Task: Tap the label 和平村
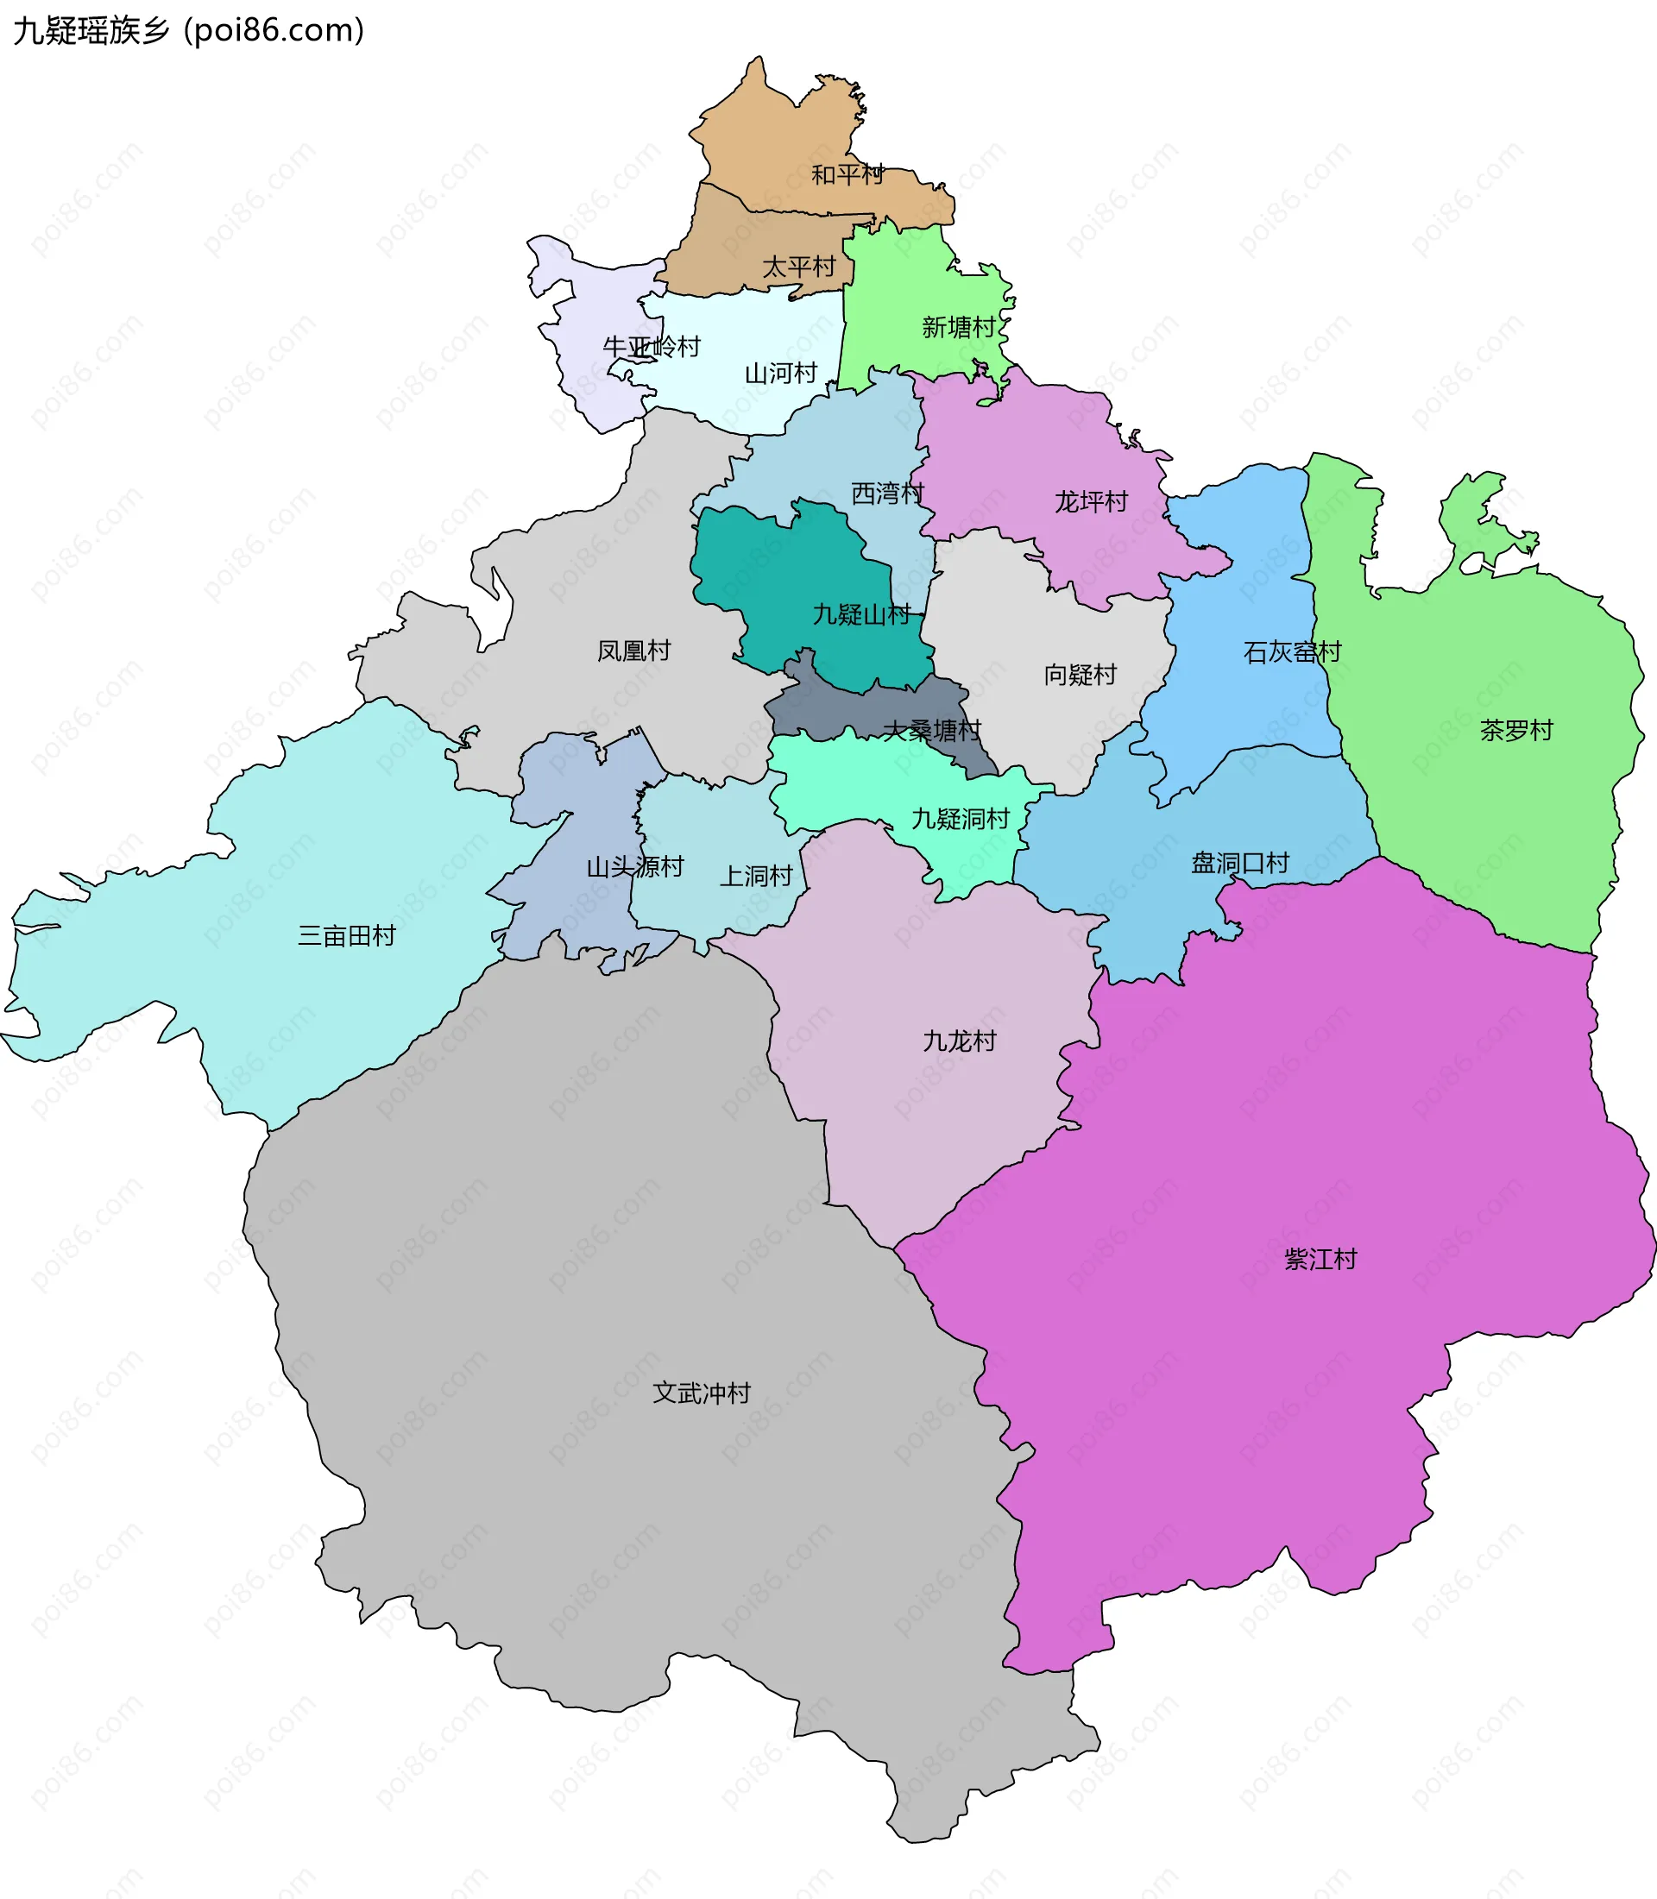pyautogui.click(x=847, y=175)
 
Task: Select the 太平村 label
pyautogui.click(x=798, y=267)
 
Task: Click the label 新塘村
pyautogui.click(x=958, y=327)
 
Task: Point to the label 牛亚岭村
pyautogui.click(x=651, y=347)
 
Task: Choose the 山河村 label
pyautogui.click(x=780, y=374)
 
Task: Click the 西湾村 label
pyautogui.click(x=887, y=493)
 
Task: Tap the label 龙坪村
pyautogui.click(x=1091, y=502)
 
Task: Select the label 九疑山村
pyautogui.click(x=862, y=615)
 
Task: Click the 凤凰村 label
pyautogui.click(x=633, y=651)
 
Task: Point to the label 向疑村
pyautogui.click(x=1080, y=675)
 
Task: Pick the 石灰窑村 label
pyautogui.click(x=1292, y=653)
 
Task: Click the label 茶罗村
pyautogui.click(x=1516, y=731)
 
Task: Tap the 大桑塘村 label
pyautogui.click(x=930, y=732)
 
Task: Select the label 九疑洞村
pyautogui.click(x=960, y=819)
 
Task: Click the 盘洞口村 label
pyautogui.click(x=1239, y=864)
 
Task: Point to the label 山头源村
pyautogui.click(x=634, y=867)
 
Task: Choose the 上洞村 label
pyautogui.click(x=755, y=877)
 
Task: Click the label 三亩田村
pyautogui.click(x=346, y=935)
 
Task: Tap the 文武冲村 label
pyautogui.click(x=701, y=1393)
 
